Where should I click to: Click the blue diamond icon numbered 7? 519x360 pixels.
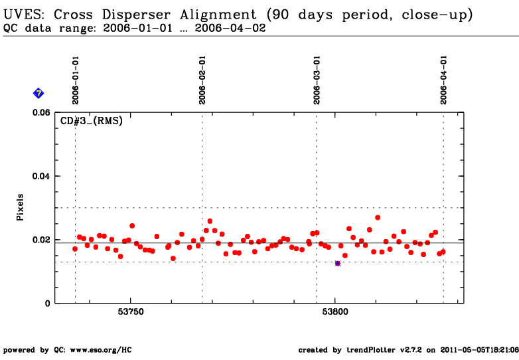click(38, 94)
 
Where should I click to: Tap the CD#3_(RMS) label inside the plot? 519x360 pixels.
click(92, 120)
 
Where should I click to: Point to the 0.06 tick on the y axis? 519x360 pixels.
click(41, 113)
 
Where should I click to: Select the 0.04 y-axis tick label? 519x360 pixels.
click(41, 176)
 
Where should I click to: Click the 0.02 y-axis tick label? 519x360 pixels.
click(41, 240)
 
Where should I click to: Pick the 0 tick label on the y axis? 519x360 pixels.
click(48, 304)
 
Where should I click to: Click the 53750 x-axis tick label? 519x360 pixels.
click(131, 312)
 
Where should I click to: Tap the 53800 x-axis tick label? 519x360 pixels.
click(335, 312)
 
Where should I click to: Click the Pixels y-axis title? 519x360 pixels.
click(20, 207)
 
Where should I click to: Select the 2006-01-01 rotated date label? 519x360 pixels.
click(76, 80)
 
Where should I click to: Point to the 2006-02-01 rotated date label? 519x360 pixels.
click(202, 80)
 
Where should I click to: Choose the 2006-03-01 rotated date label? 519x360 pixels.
click(317, 80)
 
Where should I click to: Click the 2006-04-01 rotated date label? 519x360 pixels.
click(443, 80)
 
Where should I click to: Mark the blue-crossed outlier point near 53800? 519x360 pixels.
click(338, 263)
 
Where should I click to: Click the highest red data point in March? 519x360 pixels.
click(378, 218)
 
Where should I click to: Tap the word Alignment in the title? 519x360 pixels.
click(218, 15)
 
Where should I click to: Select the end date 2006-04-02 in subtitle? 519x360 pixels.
click(230, 28)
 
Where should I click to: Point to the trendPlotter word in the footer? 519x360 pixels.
click(371, 350)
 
